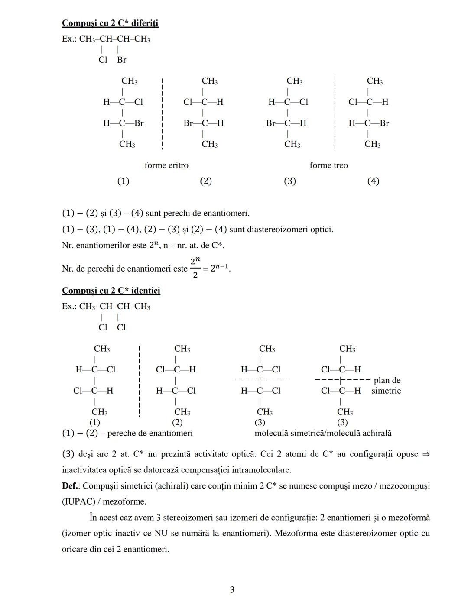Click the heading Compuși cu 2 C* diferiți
coord(110,23)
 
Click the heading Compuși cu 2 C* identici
coord(111,291)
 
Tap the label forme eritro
coord(166,165)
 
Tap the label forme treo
coord(328,165)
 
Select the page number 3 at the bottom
coord(232,589)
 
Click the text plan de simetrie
coord(387,385)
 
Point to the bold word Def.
coord(70,486)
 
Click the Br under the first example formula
coord(121,60)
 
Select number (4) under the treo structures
coord(373,181)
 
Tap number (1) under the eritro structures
coord(123,181)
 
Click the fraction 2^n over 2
coord(195,268)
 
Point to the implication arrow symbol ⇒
coord(426,454)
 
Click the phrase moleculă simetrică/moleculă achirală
coord(323,433)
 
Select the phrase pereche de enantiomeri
coord(150,433)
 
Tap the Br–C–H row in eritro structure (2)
coord(203,123)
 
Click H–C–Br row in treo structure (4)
coord(369,123)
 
